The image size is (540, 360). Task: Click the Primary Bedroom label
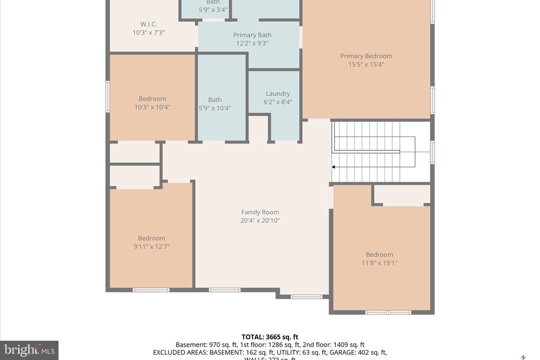pyautogui.click(x=366, y=56)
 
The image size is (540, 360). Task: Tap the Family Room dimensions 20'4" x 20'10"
pyautogui.click(x=260, y=221)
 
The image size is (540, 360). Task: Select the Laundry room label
pyautogui.click(x=278, y=94)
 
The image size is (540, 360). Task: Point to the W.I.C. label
pyautogui.click(x=149, y=24)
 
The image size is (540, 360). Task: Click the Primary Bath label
pyautogui.click(x=252, y=35)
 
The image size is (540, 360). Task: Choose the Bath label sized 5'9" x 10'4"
pyautogui.click(x=215, y=100)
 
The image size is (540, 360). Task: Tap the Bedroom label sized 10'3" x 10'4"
pyautogui.click(x=152, y=99)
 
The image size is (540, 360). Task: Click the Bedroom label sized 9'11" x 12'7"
pyautogui.click(x=151, y=238)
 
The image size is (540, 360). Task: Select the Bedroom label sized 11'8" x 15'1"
pyautogui.click(x=379, y=255)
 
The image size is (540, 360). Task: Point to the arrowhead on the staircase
pyautogui.click(x=334, y=167)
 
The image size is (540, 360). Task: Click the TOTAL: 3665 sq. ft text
pyautogui.click(x=270, y=337)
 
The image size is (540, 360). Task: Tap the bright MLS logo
pyautogui.click(x=29, y=350)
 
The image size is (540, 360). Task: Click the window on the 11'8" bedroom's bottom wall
pyautogui.click(x=388, y=313)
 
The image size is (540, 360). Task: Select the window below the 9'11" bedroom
pyautogui.click(x=151, y=290)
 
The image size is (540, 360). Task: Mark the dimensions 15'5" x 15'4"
pyautogui.click(x=366, y=65)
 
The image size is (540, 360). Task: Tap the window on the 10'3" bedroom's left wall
pyautogui.click(x=108, y=96)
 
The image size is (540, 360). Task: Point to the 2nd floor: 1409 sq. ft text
pyautogui.click(x=333, y=345)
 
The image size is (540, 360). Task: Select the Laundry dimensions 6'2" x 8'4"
pyautogui.click(x=278, y=102)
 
